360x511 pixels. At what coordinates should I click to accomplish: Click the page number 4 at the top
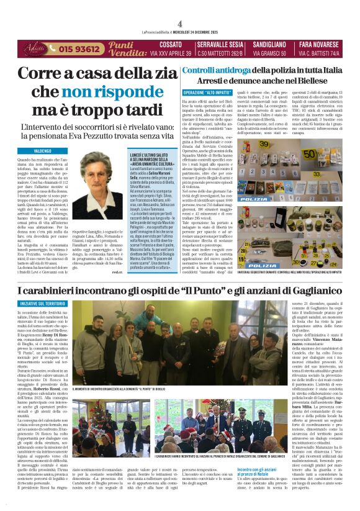tap(179, 23)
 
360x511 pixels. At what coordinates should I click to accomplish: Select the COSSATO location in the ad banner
tap(171, 45)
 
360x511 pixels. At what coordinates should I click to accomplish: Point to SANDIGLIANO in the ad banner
tap(269, 45)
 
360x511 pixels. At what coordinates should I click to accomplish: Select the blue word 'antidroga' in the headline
tap(228, 71)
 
